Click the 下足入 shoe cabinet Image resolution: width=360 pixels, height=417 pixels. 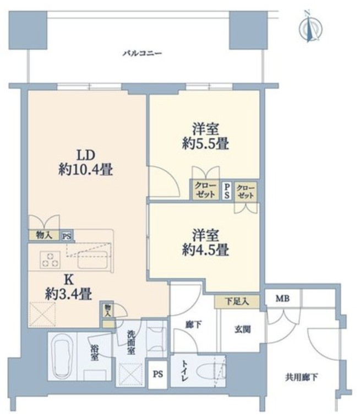click(x=237, y=301)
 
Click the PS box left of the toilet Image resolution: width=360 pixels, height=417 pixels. click(x=158, y=375)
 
